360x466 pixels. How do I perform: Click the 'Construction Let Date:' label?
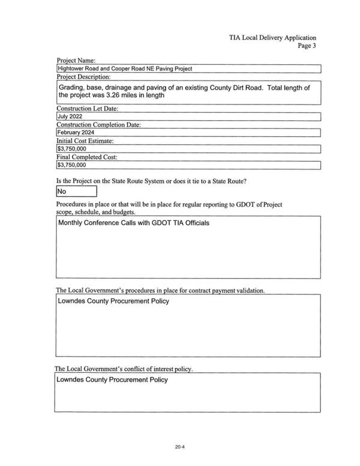click(x=88, y=109)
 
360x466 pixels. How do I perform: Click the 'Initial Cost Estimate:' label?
click(x=85, y=141)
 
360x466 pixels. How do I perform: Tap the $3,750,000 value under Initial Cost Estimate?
click(x=71, y=149)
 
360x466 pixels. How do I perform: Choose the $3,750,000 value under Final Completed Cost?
click(x=71, y=165)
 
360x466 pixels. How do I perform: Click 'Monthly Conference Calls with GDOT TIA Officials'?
click(x=134, y=223)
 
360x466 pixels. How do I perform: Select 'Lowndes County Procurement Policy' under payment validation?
click(x=113, y=301)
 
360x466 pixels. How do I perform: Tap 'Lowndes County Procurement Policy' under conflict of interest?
click(x=113, y=380)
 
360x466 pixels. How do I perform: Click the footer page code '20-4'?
click(x=179, y=447)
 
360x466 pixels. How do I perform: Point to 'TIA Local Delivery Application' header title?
click(x=272, y=37)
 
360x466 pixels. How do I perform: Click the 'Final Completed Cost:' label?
click(x=87, y=157)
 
